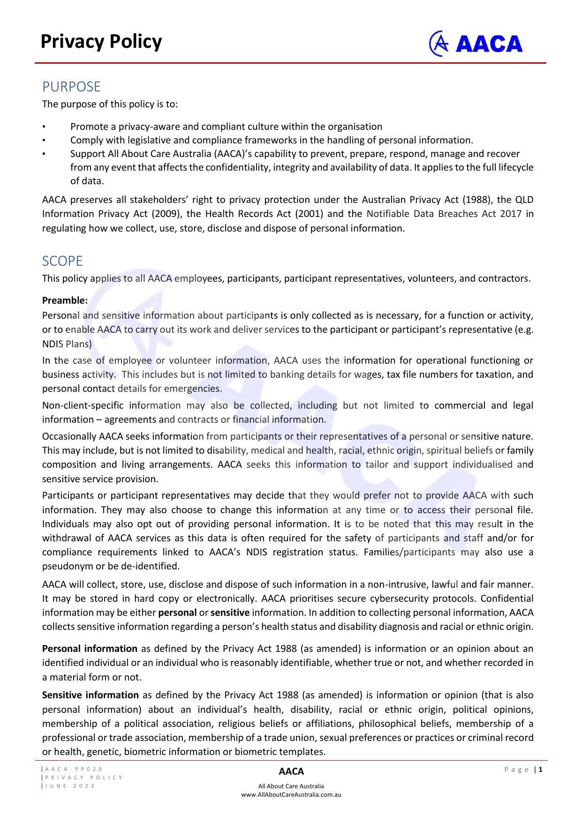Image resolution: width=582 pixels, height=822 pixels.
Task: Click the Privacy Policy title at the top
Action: (101, 42)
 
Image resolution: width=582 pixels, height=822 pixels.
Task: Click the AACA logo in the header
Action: (476, 44)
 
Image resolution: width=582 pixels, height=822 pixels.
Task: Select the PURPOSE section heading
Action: (71, 87)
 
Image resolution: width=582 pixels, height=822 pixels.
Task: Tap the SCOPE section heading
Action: (62, 261)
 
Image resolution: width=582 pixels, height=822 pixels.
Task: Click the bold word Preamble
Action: (65, 300)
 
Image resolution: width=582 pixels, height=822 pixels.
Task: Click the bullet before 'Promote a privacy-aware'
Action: (44, 127)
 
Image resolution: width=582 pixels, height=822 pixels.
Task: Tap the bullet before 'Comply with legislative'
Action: (44, 141)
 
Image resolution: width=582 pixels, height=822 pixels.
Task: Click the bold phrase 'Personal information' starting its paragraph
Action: (90, 649)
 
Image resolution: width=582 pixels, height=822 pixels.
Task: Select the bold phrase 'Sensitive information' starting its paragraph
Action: (90, 695)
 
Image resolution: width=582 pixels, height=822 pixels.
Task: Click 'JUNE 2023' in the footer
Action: (70, 786)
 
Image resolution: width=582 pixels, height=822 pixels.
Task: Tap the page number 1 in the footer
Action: (541, 769)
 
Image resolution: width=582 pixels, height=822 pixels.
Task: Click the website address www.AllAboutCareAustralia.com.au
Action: (291, 794)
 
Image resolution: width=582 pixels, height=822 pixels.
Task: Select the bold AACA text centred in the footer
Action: (291, 771)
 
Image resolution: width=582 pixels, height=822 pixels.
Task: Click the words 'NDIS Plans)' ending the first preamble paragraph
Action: (67, 344)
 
